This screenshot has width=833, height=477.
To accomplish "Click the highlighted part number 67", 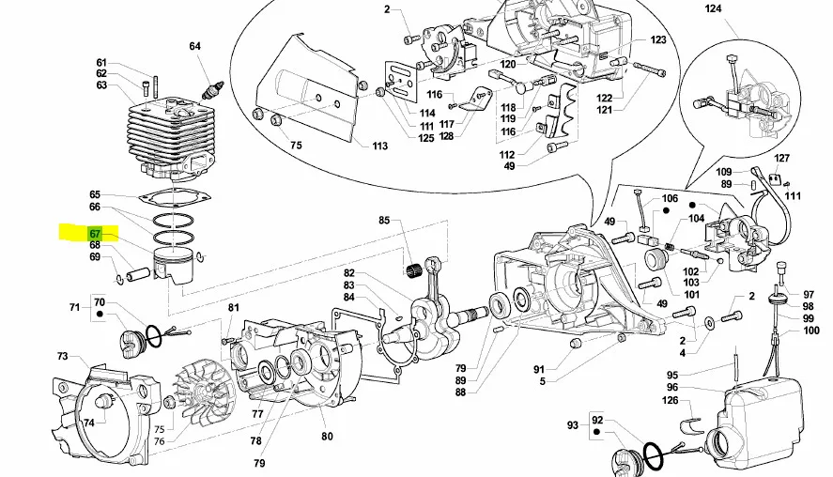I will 96,233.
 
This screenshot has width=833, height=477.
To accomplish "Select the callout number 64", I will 194,46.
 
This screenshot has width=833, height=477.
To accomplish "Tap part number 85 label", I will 384,221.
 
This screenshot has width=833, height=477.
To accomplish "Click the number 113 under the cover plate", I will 379,146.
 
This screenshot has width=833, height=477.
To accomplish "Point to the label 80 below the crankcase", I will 327,436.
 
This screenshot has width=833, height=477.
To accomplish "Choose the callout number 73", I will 62,356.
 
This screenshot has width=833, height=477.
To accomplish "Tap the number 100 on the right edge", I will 811,331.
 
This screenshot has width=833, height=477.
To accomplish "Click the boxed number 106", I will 669,198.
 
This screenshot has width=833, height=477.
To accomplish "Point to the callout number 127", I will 781,158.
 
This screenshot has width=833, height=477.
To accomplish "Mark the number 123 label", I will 657,39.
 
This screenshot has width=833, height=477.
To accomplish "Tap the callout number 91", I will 539,368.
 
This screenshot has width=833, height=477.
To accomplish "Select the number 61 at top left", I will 101,62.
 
